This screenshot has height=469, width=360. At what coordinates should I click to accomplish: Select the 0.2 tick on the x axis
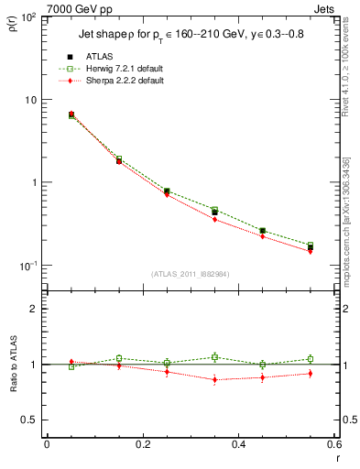(x=142, y=444)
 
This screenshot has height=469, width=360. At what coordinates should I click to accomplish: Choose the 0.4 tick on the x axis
(x=238, y=444)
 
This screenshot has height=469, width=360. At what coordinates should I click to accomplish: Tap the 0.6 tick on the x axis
(x=333, y=444)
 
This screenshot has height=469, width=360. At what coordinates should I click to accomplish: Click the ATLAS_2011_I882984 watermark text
(x=190, y=274)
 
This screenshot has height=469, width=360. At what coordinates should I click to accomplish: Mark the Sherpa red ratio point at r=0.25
(x=167, y=372)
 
